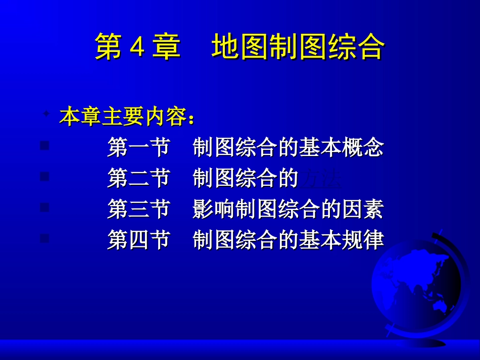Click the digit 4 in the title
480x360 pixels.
tap(138, 48)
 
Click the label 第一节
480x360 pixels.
tap(138, 147)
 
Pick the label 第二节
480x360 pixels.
tap(138, 178)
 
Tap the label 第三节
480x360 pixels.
tap(138, 209)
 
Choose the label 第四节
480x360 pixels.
tap(138, 240)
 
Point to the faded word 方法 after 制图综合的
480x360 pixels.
tap(321, 179)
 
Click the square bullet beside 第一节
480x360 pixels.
tap(44, 146)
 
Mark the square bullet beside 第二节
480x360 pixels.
tap(44, 176)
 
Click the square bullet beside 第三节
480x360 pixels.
tap(44, 207)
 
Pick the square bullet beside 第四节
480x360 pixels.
tap(44, 238)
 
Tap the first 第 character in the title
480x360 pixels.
tap(109, 47)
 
